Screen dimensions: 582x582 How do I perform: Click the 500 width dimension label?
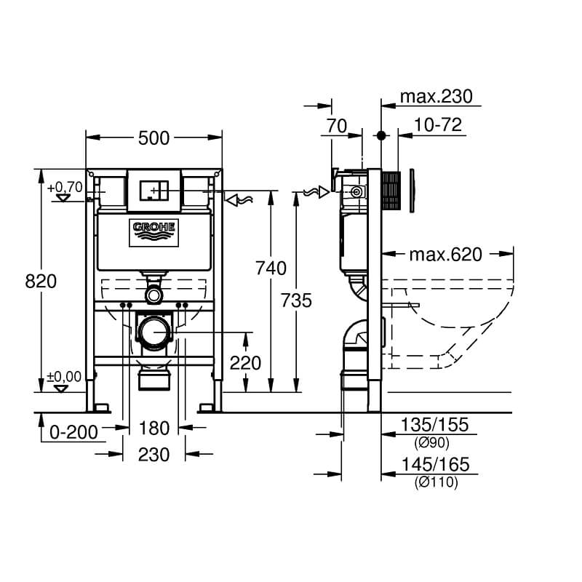154,137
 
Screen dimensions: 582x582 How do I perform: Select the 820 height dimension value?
41,281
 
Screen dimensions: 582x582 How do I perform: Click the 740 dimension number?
271,268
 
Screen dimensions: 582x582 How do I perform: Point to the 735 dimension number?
296,299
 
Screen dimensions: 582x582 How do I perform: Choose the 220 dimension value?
245,362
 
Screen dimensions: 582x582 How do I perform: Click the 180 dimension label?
154,428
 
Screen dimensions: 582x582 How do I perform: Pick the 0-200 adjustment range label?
73,431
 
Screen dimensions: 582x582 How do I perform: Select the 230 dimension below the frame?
154,455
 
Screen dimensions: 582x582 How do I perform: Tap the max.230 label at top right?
436,97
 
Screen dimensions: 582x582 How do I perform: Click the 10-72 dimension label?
438,125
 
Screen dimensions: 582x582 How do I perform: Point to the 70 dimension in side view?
336,125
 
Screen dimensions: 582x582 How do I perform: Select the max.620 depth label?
445,254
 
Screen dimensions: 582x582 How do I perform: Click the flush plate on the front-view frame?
154,186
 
